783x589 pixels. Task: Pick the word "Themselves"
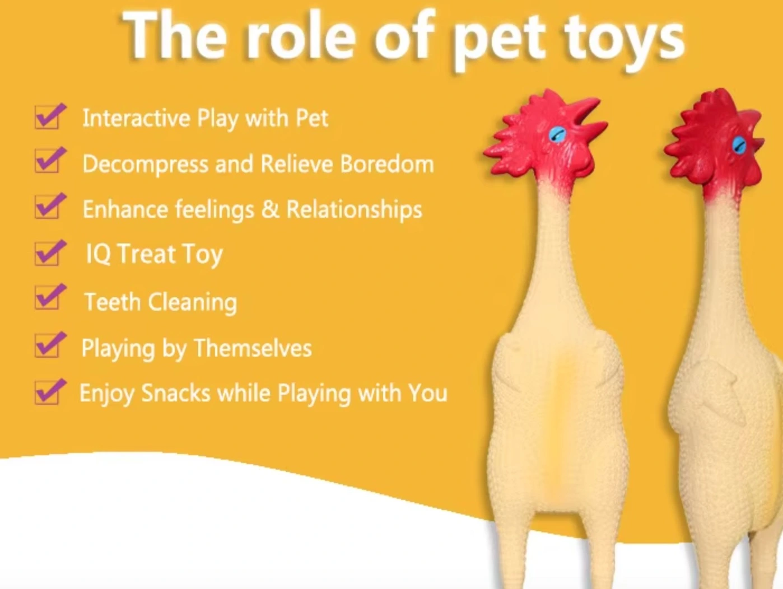(253, 348)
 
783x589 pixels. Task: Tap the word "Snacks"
(175, 393)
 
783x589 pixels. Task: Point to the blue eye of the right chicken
(739, 144)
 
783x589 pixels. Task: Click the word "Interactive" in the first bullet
(136, 118)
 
